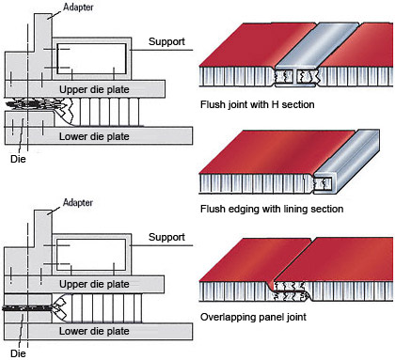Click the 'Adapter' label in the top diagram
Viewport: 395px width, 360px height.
78,7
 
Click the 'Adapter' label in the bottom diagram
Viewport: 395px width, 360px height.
78,202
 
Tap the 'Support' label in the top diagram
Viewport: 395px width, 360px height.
166,41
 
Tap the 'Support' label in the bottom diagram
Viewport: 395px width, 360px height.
166,237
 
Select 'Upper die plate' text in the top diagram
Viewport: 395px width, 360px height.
94,89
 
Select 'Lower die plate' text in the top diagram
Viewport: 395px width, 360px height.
94,136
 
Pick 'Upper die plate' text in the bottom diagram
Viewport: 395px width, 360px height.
94,284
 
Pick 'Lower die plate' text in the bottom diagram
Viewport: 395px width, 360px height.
94,331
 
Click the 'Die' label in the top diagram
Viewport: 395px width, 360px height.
18,159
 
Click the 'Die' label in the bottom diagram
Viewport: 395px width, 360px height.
18,353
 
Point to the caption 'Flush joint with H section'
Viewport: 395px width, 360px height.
257,104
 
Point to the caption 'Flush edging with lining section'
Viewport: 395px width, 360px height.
272,209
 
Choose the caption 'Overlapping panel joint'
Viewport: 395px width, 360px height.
253,317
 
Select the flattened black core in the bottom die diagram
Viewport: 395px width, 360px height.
27,308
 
